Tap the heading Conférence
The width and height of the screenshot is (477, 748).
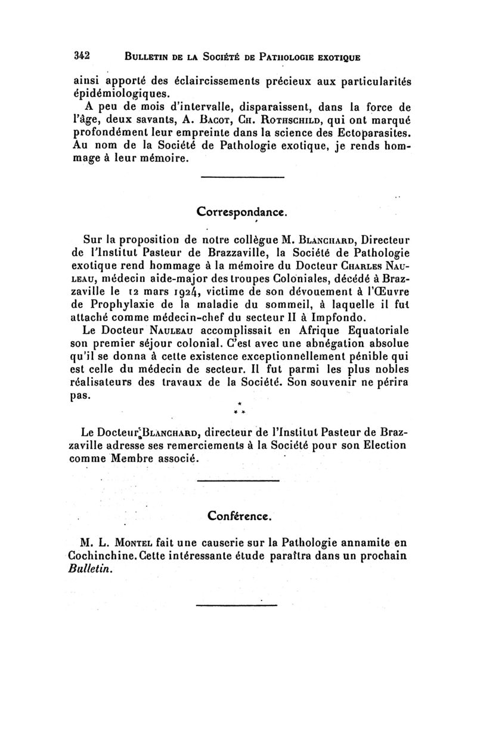tap(241, 515)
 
